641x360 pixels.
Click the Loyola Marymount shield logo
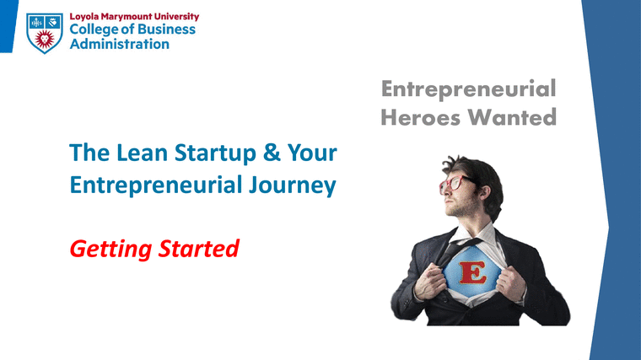[x=43, y=31]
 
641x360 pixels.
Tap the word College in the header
[x=95, y=30]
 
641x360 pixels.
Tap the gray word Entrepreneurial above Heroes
[x=468, y=89]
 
